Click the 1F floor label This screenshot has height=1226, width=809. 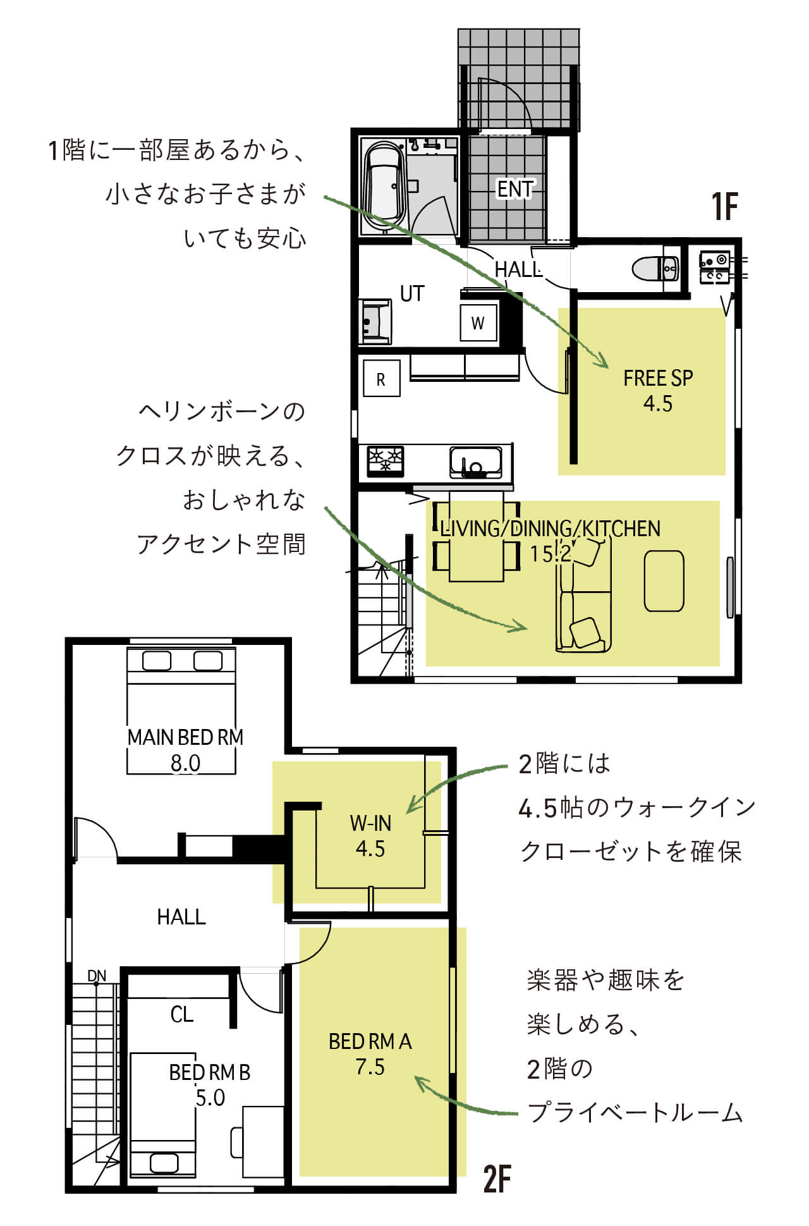pos(725,206)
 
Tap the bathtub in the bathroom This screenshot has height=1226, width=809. pos(383,187)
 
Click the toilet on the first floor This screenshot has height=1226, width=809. pos(655,268)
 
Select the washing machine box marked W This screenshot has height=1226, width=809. pos(478,322)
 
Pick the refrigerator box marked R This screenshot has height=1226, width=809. pos(381,379)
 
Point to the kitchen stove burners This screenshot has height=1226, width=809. pos(386,460)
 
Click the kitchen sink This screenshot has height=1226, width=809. pos(476,462)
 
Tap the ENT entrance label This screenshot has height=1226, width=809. pos(514,188)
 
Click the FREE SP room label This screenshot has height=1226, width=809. pos(658,378)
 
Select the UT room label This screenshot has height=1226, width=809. pos(412,293)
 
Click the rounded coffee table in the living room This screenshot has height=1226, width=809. pos(664,581)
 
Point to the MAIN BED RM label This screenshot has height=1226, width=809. pos(185,737)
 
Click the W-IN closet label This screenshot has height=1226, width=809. pos(370,823)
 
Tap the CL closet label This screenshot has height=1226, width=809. pos(181,1014)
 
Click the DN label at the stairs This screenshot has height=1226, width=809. pos(97,976)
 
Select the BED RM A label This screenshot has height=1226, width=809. pos(370,1041)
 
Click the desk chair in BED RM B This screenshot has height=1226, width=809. pos(237,1142)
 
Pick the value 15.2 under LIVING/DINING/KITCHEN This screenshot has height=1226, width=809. pos(550,554)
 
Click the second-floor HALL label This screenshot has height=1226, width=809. pos(181,917)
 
